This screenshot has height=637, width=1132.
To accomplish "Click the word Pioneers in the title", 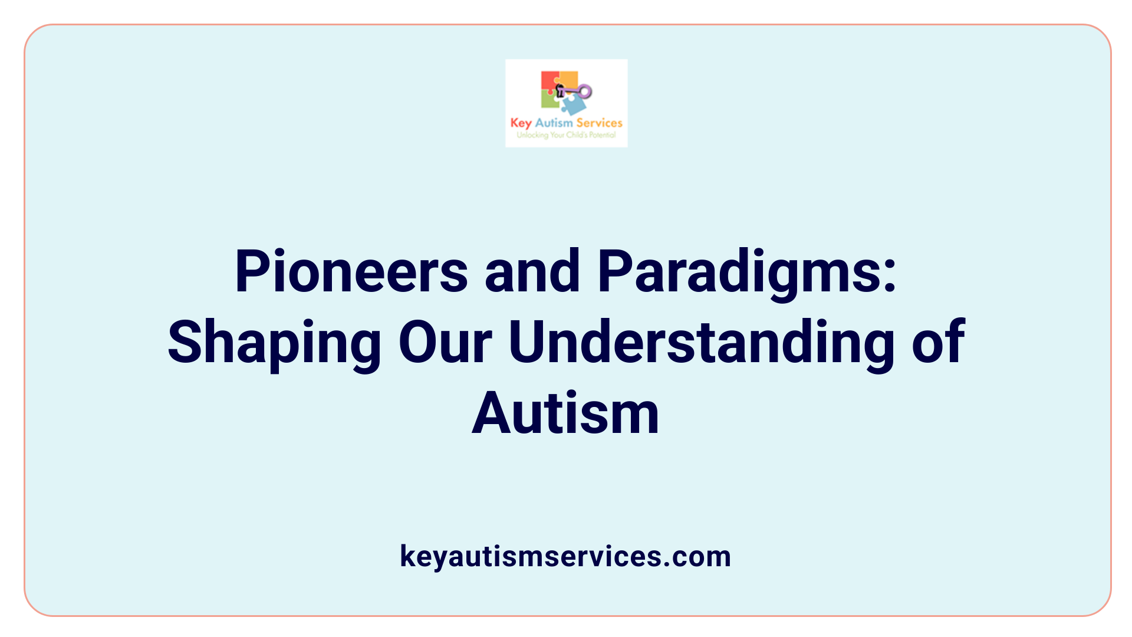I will coord(351,272).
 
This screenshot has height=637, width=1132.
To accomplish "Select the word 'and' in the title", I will coord(532,272).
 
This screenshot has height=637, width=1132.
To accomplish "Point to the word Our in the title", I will coord(445,343).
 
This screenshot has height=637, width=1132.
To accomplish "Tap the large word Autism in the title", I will coord(565,413).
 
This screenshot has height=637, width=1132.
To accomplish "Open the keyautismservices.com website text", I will coord(565,556).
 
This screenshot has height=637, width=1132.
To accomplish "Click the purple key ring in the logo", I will coord(585,91).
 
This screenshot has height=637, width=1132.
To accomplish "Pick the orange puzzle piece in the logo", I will coord(568,79).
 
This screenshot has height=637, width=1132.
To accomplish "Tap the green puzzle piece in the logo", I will coord(549,101).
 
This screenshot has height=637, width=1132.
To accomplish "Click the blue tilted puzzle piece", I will coord(574,106).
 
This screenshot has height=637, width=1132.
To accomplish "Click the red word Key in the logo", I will coord(521,123).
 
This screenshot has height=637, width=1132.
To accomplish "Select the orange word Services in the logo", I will coord(599,123).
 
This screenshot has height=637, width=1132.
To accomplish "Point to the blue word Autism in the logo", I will coord(554,123).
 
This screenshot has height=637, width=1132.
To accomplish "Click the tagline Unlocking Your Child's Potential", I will coord(566,135).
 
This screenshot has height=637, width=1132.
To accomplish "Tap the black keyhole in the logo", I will coord(560,90).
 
